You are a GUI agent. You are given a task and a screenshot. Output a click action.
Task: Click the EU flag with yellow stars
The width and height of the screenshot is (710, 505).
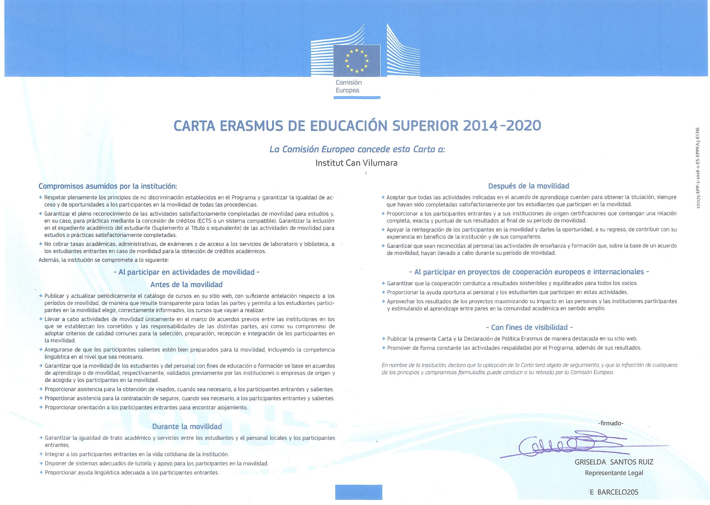[357, 61]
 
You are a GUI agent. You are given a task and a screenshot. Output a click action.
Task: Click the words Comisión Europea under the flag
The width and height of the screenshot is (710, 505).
[348, 87]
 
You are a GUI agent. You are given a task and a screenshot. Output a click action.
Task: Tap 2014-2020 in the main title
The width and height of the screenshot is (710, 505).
[502, 126]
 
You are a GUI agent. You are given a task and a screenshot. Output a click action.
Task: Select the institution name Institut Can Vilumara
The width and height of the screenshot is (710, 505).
[356, 163]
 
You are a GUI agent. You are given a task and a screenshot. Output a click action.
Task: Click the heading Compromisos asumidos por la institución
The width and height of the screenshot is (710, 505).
[108, 186]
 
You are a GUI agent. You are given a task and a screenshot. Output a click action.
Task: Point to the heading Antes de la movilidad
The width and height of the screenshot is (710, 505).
[186, 285]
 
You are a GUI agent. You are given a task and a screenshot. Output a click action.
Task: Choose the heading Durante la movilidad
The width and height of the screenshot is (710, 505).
[187, 427]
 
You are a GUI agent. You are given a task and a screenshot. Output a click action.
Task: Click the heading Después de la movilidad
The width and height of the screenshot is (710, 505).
[528, 186]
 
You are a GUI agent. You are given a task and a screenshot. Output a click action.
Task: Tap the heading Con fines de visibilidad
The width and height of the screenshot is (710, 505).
[529, 327]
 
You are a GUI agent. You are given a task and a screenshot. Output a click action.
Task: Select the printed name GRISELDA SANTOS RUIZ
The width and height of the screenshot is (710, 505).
[614, 462]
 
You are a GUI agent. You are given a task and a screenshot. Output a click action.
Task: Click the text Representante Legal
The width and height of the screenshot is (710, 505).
[614, 473]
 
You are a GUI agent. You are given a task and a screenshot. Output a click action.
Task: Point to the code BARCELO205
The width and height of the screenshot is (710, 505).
[617, 492]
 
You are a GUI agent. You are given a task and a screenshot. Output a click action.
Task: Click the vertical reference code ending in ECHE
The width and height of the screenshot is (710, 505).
[698, 168]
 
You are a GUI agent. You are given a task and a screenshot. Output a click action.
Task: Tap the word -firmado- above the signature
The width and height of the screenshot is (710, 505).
[611, 423]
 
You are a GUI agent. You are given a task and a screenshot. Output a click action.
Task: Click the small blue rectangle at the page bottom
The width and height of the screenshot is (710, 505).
[358, 492]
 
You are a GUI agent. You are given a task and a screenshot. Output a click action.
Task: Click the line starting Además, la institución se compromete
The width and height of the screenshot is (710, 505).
[104, 260]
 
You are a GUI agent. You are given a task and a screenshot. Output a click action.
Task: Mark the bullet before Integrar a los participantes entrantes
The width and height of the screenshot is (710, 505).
[41, 454]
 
